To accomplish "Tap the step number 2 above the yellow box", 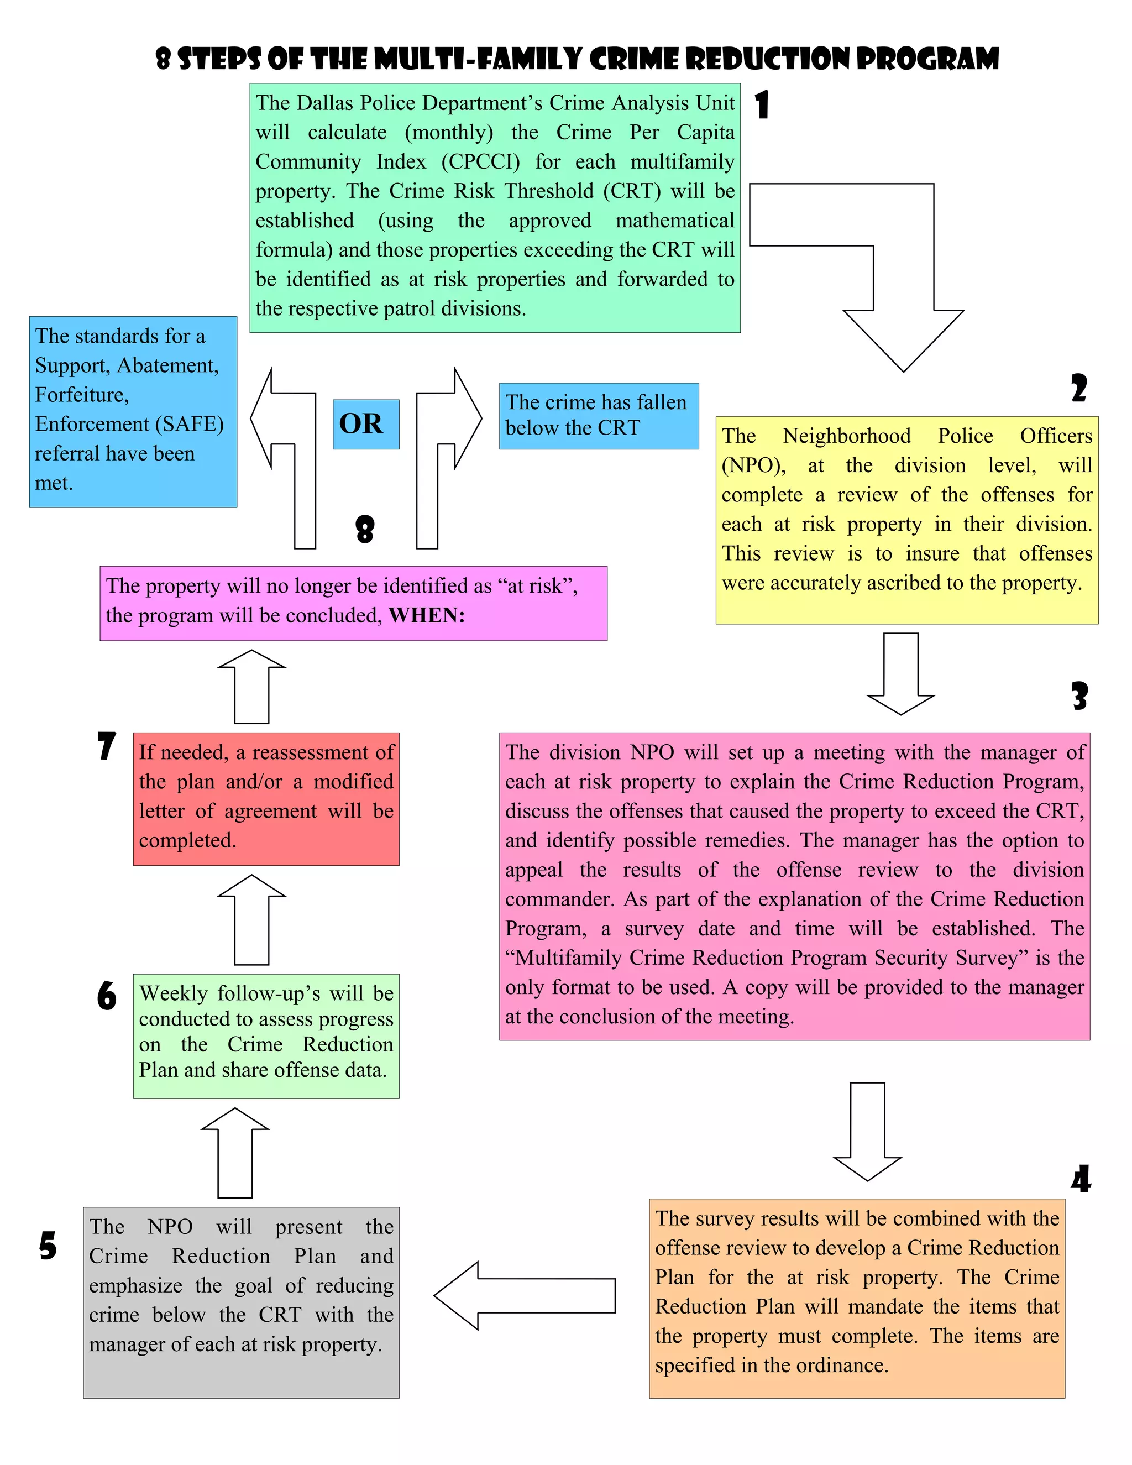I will click(1078, 389).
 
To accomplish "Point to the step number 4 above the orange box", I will click(1081, 1179).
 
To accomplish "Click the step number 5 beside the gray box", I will click(48, 1246).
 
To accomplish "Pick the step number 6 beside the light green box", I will click(107, 996).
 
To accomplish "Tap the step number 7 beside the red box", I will click(107, 746).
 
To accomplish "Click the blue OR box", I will click(365, 424).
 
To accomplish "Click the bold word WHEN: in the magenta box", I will click(427, 615).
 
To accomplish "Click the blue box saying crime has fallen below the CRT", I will click(598, 415).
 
